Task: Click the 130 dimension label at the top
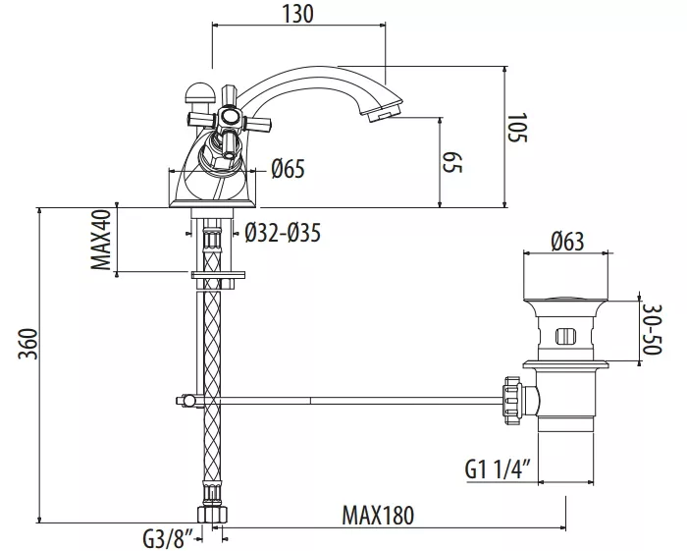click(x=298, y=13)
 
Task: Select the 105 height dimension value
click(x=517, y=128)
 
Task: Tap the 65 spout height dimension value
click(x=452, y=162)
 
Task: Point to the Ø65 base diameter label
click(x=288, y=169)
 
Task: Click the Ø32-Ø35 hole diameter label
click(x=283, y=233)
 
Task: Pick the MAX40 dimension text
click(x=101, y=240)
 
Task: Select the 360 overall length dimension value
click(x=28, y=343)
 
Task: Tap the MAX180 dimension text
click(x=378, y=516)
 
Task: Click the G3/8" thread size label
click(x=168, y=539)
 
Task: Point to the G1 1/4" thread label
click(x=498, y=469)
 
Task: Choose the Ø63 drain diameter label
click(x=567, y=241)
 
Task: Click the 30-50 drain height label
click(x=653, y=330)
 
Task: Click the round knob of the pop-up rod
click(x=199, y=91)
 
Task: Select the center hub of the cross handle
click(x=229, y=117)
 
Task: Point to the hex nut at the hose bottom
click(x=213, y=514)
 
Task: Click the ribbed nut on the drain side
click(x=513, y=400)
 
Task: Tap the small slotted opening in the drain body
click(x=564, y=337)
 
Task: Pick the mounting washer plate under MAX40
click(x=218, y=275)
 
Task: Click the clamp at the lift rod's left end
click(x=188, y=400)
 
